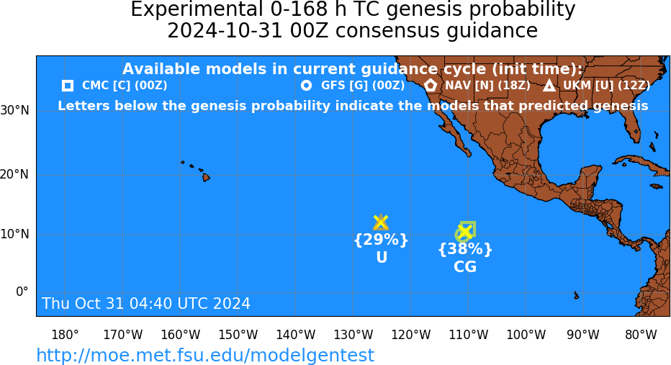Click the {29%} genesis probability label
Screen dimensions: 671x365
pyautogui.click(x=381, y=240)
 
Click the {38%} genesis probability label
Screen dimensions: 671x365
pyautogui.click(x=465, y=249)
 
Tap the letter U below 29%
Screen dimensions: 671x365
pyautogui.click(x=382, y=257)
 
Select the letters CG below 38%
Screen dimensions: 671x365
pyautogui.click(x=465, y=267)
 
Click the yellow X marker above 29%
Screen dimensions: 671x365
pyautogui.click(x=380, y=222)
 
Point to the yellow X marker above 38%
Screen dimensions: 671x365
pyautogui.click(x=465, y=232)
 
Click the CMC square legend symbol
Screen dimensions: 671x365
pyautogui.click(x=68, y=86)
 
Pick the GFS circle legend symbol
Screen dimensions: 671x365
pyautogui.click(x=307, y=86)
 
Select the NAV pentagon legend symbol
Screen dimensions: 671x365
pyautogui.click(x=431, y=85)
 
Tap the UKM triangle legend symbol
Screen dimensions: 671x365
pyautogui.click(x=549, y=86)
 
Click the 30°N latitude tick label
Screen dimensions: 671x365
pyautogui.click(x=14, y=111)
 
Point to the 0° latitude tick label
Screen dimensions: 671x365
pyautogui.click(x=22, y=292)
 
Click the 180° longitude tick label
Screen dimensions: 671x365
pyautogui.click(x=65, y=335)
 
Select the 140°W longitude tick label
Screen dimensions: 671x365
pyautogui.click(x=296, y=335)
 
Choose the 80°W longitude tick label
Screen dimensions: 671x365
pyautogui.click(x=641, y=335)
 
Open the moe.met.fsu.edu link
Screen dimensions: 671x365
pyautogui.click(x=205, y=355)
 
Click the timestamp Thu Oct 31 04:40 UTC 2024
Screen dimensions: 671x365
pyautogui.click(x=146, y=303)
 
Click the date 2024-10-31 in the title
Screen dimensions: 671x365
pyautogui.click(x=225, y=31)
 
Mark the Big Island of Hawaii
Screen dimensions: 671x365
pyautogui.click(x=206, y=176)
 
